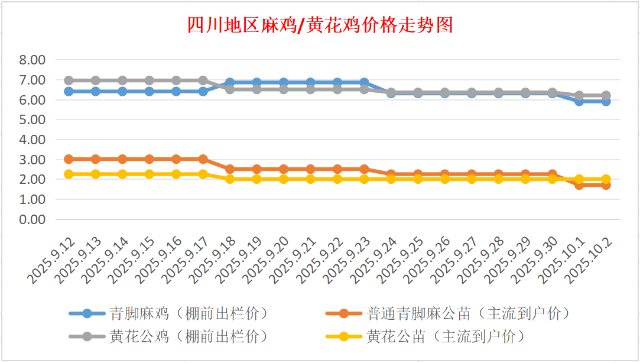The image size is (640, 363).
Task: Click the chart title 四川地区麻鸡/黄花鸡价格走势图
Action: [320, 25]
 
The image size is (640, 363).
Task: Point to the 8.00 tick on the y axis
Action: [32, 60]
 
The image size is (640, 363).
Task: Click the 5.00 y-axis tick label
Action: [32, 119]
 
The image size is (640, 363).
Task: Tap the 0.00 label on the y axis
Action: [32, 219]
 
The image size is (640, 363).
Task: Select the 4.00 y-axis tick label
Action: [32, 140]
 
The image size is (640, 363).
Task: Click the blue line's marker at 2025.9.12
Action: [69, 91]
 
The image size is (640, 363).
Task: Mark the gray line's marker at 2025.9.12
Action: [69, 80]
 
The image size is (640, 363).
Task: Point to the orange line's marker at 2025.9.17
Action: [203, 159]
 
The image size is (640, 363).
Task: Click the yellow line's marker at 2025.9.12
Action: [69, 174]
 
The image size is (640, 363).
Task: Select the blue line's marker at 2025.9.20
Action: [284, 82]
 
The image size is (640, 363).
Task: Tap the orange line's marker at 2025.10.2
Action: [606, 184]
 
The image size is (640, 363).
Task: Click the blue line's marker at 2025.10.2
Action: [606, 101]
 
